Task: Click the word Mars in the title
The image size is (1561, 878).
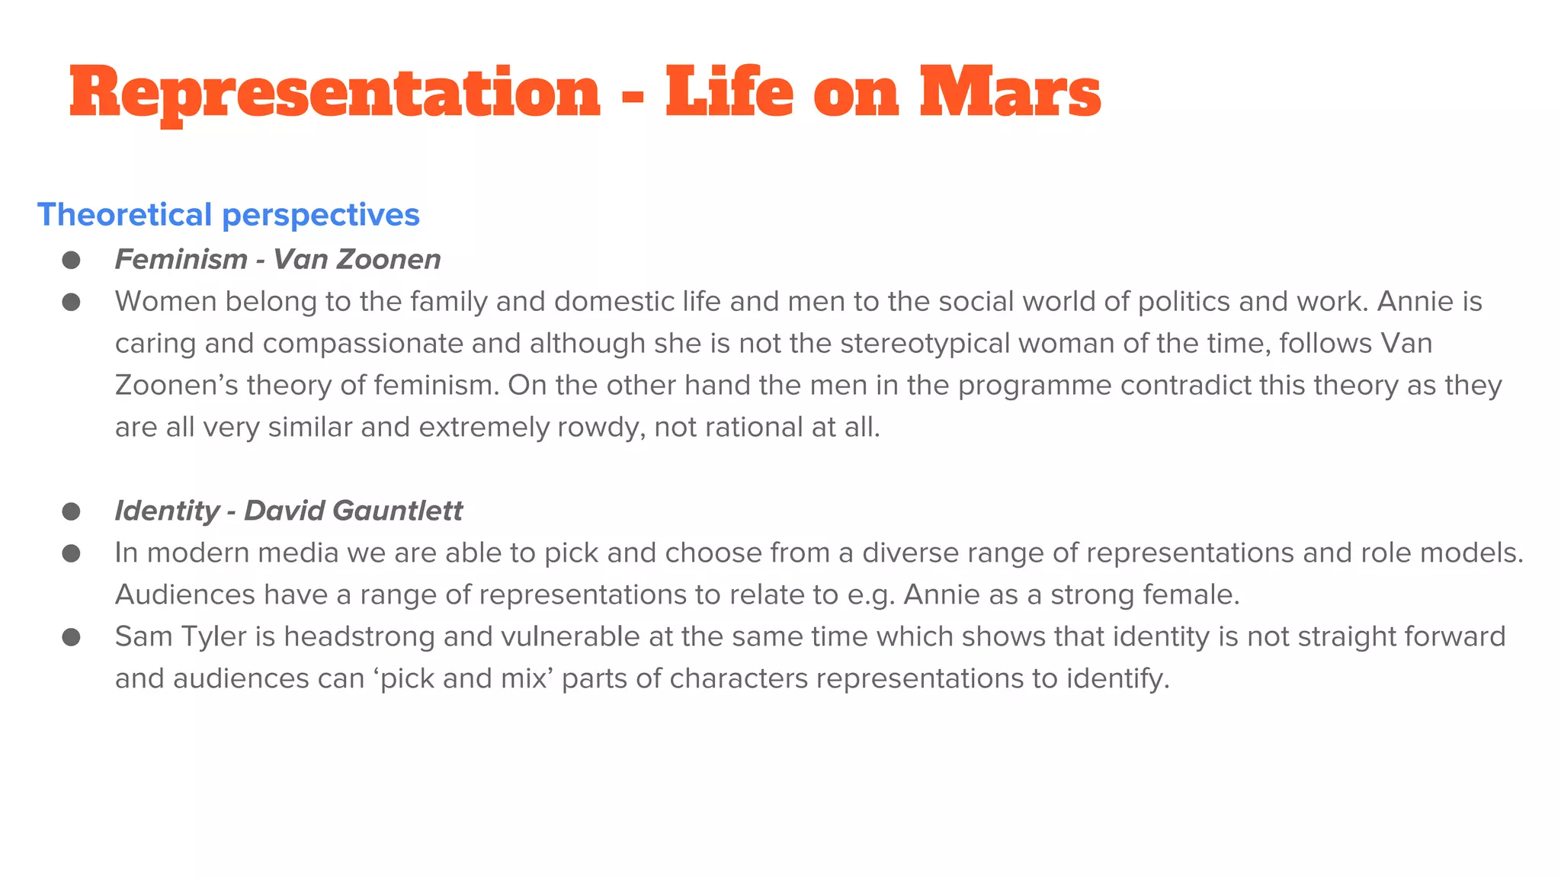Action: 1009,92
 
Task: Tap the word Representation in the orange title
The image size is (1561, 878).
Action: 335,92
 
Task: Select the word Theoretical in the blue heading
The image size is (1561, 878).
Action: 124,215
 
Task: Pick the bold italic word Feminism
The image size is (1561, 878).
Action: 181,260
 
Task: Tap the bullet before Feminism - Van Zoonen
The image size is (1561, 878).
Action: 72,260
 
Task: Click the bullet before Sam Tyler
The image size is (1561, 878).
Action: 72,636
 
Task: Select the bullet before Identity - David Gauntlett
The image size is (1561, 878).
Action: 72,511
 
